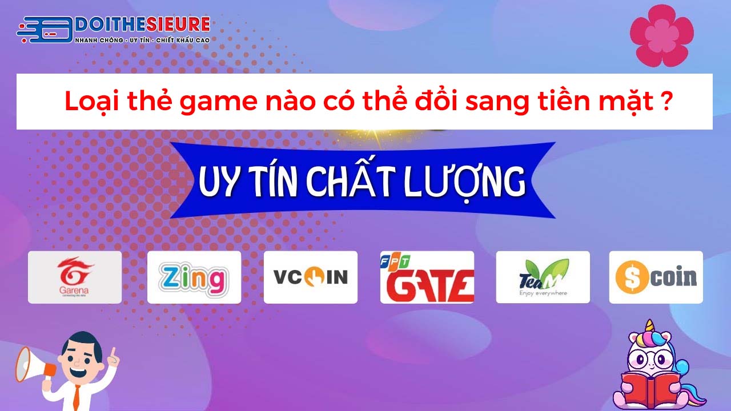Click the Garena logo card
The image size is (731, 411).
[75, 277]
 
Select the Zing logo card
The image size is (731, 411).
[194, 277]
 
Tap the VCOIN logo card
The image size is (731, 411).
[311, 277]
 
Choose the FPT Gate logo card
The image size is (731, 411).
[427, 277]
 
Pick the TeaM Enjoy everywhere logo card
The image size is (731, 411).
[543, 277]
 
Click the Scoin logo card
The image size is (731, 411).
[656, 277]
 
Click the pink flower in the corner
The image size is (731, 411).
[661, 35]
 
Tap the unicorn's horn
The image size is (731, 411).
[649, 327]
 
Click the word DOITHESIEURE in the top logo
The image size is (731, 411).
[143, 25]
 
